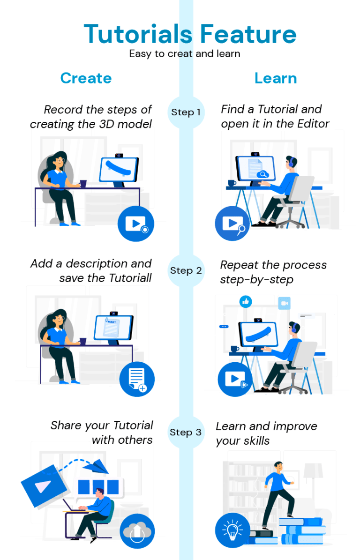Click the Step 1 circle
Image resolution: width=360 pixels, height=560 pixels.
tap(186, 112)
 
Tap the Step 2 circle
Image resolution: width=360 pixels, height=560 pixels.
tap(186, 270)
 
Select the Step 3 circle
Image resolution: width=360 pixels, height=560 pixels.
tap(186, 432)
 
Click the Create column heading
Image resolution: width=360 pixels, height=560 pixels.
tap(86, 78)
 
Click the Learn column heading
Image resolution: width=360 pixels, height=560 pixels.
tap(276, 78)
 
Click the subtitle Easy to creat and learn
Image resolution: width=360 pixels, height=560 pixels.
tap(185, 53)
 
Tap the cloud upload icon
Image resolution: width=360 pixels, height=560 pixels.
tap(137, 531)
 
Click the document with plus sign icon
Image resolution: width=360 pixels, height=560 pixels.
tap(137, 380)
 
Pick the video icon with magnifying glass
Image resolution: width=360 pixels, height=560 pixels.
tap(232, 223)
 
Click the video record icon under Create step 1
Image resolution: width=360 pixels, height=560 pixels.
tap(136, 223)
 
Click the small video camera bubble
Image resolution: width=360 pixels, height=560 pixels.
tap(284, 303)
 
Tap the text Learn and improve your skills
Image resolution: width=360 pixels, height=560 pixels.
tap(266, 433)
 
